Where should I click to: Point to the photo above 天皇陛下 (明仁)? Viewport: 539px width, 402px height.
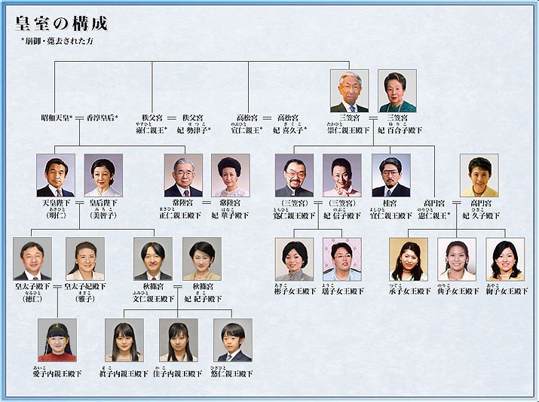56,175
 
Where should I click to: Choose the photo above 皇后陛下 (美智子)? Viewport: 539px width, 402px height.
103,175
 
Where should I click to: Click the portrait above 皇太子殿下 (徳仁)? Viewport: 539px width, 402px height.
32,258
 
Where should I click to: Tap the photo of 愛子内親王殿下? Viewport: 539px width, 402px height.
57,340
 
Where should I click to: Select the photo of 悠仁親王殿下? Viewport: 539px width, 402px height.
232,340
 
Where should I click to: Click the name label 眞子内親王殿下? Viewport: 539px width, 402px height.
124,373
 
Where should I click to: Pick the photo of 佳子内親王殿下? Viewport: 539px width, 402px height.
178,340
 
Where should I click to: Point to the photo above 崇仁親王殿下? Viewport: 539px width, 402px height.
349,91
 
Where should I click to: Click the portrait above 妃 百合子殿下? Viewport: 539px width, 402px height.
397,91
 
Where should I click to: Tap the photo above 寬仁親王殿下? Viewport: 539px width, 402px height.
294,175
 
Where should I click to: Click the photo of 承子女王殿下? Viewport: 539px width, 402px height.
409,258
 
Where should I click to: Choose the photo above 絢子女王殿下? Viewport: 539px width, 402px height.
505,258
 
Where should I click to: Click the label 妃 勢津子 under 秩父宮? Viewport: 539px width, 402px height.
193,129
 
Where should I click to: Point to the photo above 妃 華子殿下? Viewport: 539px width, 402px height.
231,175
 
